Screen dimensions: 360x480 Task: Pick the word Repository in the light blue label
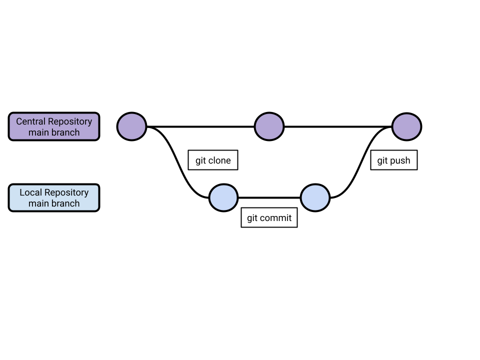point(66,192)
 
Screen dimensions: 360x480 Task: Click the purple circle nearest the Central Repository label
point(131,126)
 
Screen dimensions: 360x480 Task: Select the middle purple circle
point(269,126)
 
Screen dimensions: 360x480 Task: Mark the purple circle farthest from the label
point(406,126)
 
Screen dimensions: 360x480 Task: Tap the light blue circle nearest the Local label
point(223,197)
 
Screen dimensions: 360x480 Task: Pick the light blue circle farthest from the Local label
point(315,197)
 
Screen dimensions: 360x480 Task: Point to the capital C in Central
point(19,121)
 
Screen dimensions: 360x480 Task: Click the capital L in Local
point(22,192)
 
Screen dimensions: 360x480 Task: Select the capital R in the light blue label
point(47,192)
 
